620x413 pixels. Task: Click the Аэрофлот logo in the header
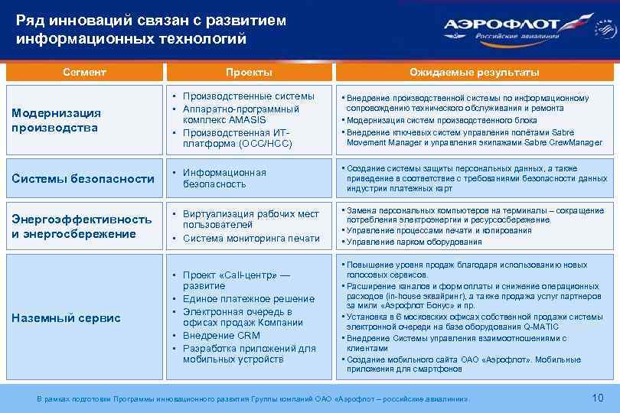tap(528, 28)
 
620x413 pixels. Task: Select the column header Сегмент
tap(84, 72)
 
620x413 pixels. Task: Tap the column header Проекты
tap(248, 72)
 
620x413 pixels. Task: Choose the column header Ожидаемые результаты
tap(474, 72)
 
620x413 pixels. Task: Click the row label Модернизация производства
tap(56, 120)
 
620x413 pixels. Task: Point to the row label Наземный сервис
tap(66, 317)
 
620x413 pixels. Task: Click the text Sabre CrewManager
tap(567, 142)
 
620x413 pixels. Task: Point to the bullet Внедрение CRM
tap(221, 335)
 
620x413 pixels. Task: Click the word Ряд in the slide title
tap(29, 21)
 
